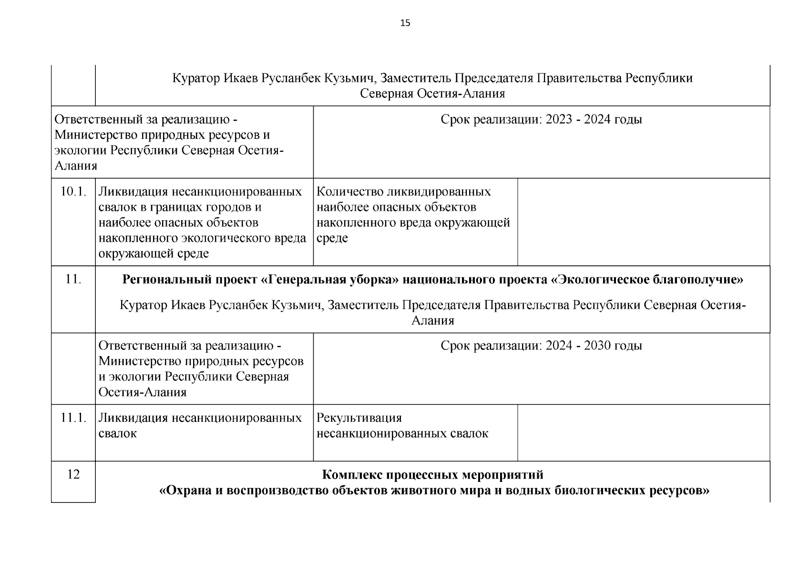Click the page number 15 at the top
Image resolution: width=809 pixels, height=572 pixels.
[x=405, y=23]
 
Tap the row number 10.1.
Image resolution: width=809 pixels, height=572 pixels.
[x=73, y=192]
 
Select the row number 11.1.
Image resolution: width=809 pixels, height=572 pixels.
[x=73, y=418]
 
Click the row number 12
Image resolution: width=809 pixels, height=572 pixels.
[x=73, y=475]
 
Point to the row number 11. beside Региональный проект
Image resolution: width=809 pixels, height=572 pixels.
[x=73, y=279]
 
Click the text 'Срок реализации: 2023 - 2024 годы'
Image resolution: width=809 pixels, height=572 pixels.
[x=541, y=119]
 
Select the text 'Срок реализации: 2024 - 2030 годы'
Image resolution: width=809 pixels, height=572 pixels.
[x=541, y=346]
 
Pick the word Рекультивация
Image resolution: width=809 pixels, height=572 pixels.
[x=359, y=418]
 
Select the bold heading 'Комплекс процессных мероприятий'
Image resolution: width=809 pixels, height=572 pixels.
[x=432, y=475]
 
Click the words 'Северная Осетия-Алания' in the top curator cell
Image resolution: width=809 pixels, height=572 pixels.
[x=432, y=93]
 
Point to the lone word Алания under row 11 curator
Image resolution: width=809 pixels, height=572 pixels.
[x=432, y=321]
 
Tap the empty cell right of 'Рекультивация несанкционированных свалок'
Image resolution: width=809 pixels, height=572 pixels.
[x=644, y=433]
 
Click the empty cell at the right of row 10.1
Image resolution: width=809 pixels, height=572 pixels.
[x=644, y=222]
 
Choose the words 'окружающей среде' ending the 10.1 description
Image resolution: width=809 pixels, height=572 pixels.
[x=154, y=254]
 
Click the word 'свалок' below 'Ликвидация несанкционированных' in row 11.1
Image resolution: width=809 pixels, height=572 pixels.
[x=117, y=434]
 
